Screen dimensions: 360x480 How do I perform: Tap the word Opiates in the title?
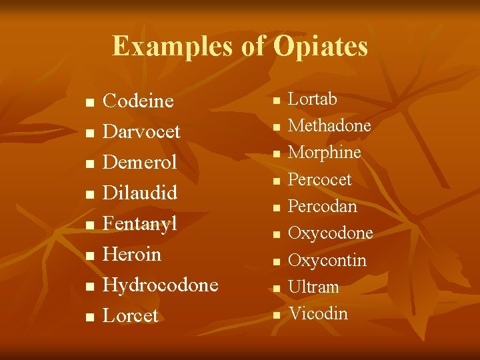pyautogui.click(x=321, y=47)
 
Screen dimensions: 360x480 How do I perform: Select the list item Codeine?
pyautogui.click(x=138, y=101)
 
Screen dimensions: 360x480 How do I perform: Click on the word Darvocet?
pyautogui.click(x=141, y=132)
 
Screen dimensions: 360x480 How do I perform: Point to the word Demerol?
pyautogui.click(x=139, y=163)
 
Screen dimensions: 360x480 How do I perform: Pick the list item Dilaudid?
pyautogui.click(x=140, y=193)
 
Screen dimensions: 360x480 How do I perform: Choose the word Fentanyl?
pyautogui.click(x=140, y=224)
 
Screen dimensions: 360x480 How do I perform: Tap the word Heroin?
pyautogui.click(x=132, y=255)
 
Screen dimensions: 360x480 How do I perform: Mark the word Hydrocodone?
pyautogui.click(x=161, y=285)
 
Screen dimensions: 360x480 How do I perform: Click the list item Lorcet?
pyautogui.click(x=131, y=316)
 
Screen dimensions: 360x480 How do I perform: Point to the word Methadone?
pyautogui.click(x=329, y=126)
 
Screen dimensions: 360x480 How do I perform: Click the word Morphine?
pyautogui.click(x=324, y=153)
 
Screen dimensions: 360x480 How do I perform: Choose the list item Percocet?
pyautogui.click(x=319, y=180)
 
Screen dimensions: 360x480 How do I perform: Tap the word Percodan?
pyautogui.click(x=322, y=207)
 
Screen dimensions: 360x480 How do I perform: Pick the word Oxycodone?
pyautogui.click(x=330, y=233)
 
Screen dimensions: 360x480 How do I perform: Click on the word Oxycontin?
pyautogui.click(x=327, y=260)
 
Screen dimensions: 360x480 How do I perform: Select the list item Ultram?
pyautogui.click(x=313, y=287)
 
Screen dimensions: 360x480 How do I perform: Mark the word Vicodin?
pyautogui.click(x=318, y=313)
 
